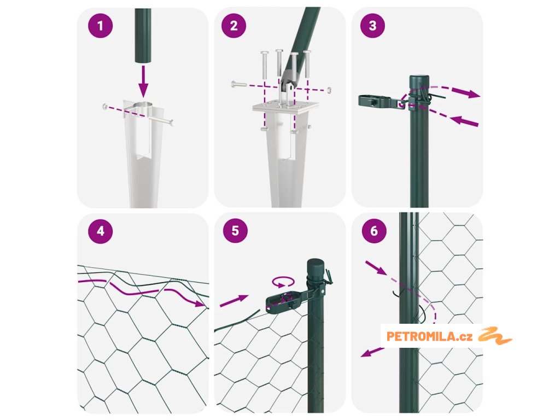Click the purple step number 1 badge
(x=101, y=26)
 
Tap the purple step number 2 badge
(x=234, y=26)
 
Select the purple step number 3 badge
(x=372, y=25)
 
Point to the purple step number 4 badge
(x=101, y=231)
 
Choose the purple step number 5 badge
(x=235, y=231)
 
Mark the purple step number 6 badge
(x=374, y=231)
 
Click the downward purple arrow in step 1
(x=143, y=81)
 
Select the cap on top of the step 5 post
(x=316, y=267)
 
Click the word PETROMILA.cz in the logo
(x=430, y=336)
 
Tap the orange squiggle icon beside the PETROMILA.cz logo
(x=494, y=335)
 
